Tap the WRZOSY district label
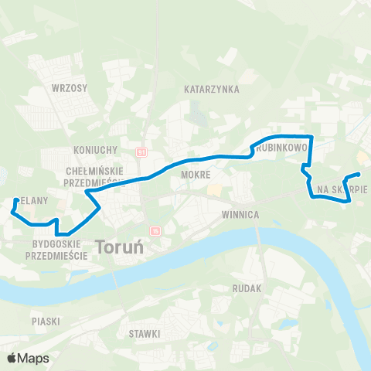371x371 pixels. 69,88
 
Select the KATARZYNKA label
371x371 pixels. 209,90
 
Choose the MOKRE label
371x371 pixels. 196,175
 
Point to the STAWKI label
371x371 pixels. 145,333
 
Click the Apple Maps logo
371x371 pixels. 29,358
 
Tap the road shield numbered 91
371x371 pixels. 142,152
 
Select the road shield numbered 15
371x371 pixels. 155,230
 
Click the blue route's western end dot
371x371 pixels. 15,200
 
